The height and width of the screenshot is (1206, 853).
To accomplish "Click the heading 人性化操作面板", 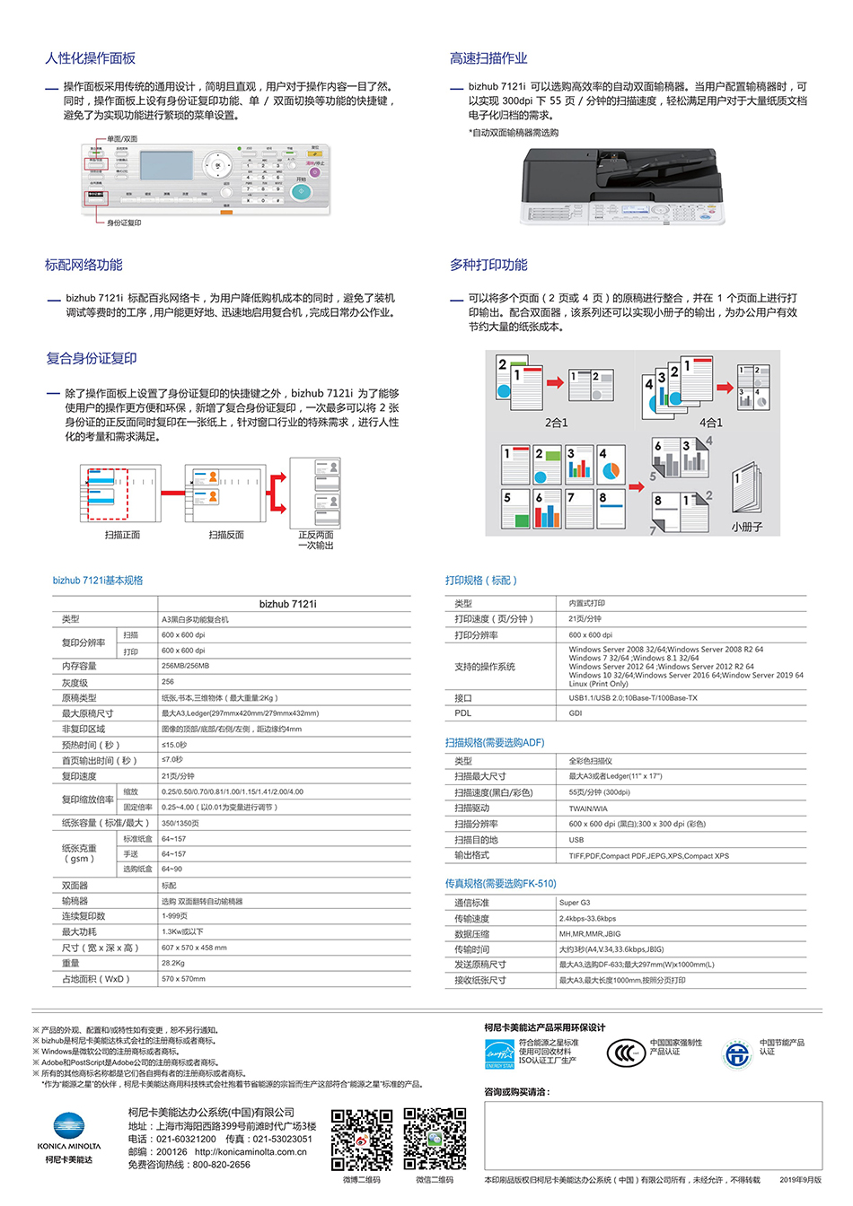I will coord(90,58).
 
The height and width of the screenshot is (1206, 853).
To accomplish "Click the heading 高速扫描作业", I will coord(488,58).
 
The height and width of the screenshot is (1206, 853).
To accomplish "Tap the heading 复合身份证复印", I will coord(92,359).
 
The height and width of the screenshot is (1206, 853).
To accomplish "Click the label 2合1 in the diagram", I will coord(557,423).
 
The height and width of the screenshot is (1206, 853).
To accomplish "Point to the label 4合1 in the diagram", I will coord(710,423).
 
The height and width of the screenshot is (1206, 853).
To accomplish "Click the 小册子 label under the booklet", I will coord(746,527).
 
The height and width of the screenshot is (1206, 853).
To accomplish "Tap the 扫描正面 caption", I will coord(122,535).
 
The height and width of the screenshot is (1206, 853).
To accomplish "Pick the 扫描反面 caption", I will coord(226,535).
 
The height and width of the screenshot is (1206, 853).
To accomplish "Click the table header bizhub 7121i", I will coord(287,604).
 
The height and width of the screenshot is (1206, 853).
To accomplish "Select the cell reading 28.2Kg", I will coord(173,963).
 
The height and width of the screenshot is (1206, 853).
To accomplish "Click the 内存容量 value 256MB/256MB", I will coord(185,666).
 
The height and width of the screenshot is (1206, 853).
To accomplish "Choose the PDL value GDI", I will coord(576,713).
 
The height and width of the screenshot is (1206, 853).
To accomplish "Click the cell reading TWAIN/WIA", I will coord(588,808).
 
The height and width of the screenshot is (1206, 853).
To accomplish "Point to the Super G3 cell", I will coord(575,903).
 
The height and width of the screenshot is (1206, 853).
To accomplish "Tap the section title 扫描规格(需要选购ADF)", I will coord(495,743).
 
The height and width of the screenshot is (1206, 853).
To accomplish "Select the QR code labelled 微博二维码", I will coord(362,1140).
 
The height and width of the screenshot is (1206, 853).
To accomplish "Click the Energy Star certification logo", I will coord(499,1054).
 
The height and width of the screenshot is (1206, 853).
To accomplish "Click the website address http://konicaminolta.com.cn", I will coord(251,1152).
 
